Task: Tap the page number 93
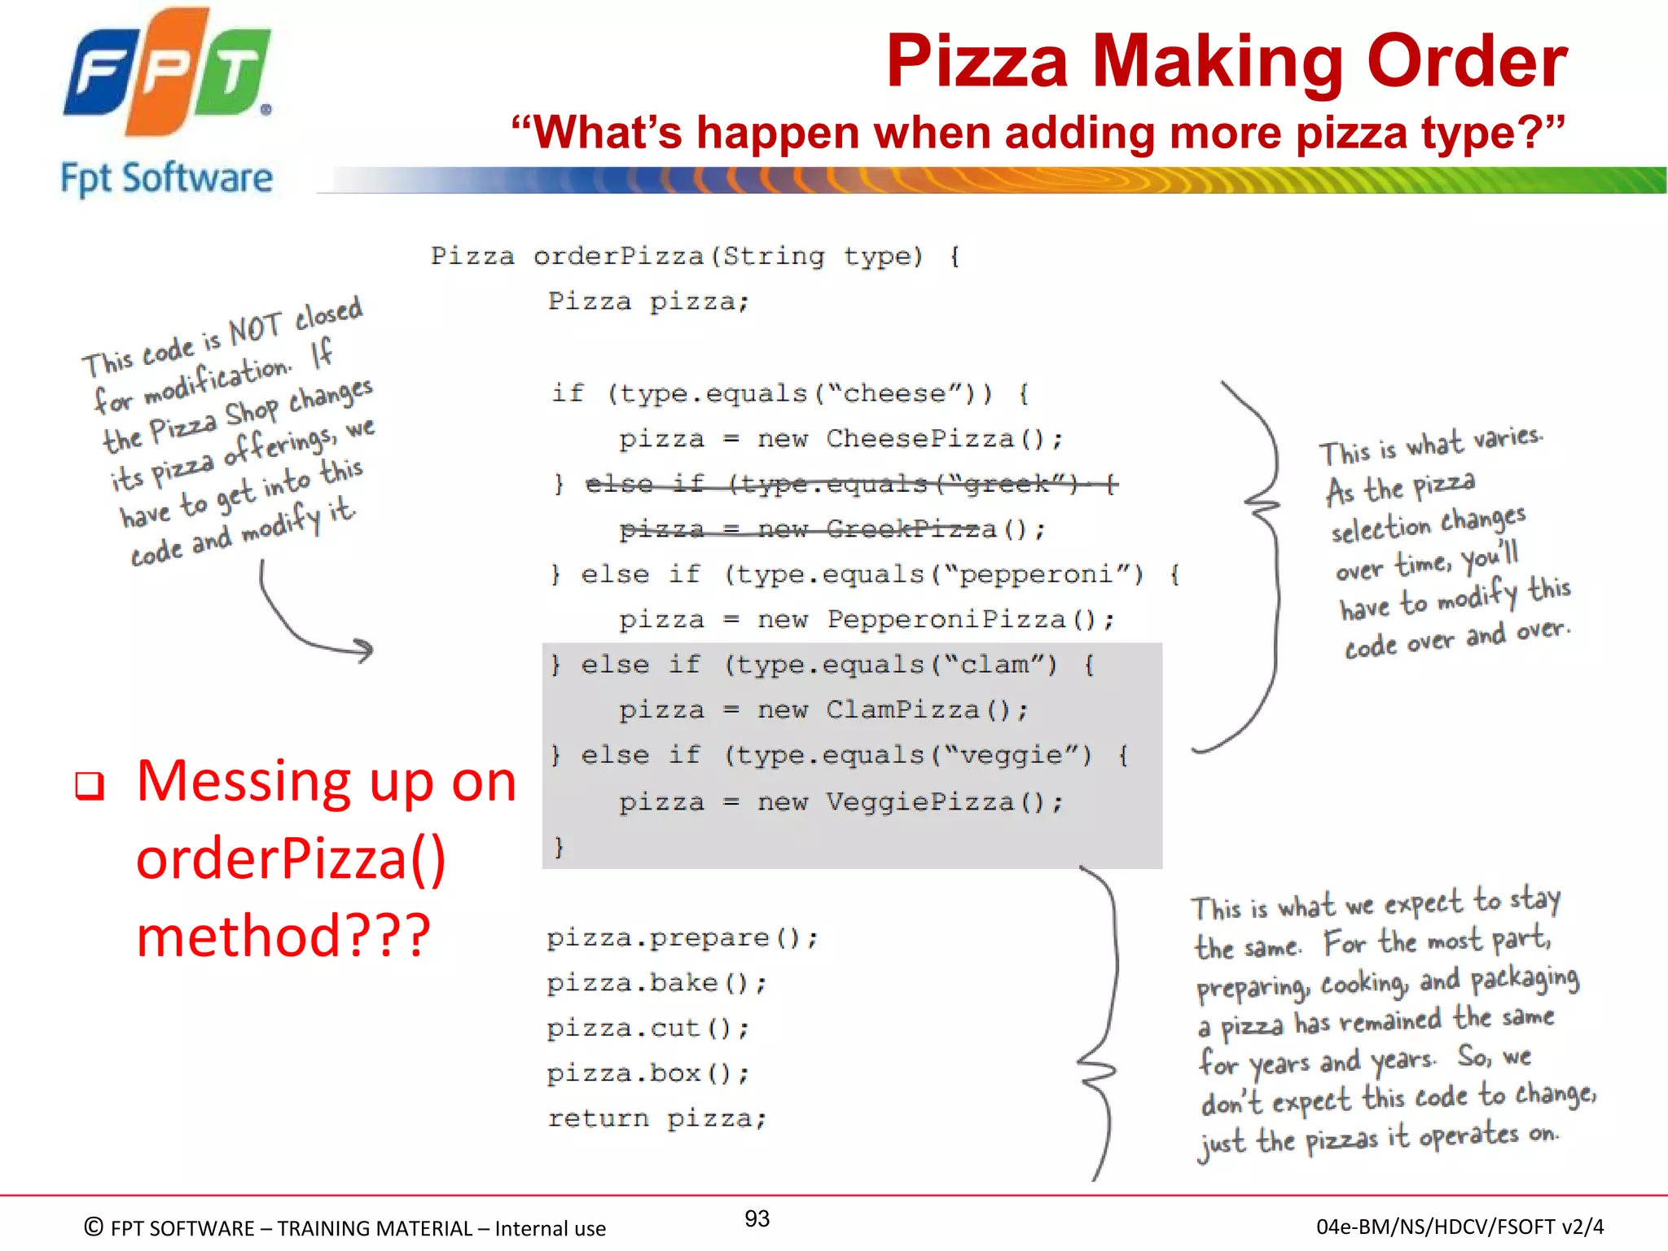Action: (x=757, y=1218)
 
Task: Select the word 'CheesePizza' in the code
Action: (x=919, y=439)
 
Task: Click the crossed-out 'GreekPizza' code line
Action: (x=831, y=529)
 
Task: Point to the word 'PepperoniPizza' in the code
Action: (x=946, y=620)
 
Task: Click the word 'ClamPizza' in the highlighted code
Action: (x=902, y=710)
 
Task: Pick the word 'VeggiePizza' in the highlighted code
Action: (x=919, y=802)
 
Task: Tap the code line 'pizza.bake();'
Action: (x=656, y=984)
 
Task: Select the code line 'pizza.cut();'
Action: (x=647, y=1029)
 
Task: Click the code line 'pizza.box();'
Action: (x=647, y=1073)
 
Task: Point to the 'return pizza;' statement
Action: (x=656, y=1119)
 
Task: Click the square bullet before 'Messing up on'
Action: (x=90, y=786)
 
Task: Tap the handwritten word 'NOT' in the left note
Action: (x=255, y=329)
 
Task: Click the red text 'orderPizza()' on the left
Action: (x=291, y=859)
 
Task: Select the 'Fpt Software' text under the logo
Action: (x=167, y=178)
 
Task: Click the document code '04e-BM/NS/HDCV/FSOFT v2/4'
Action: (x=1459, y=1227)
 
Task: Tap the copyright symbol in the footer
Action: (x=94, y=1227)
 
